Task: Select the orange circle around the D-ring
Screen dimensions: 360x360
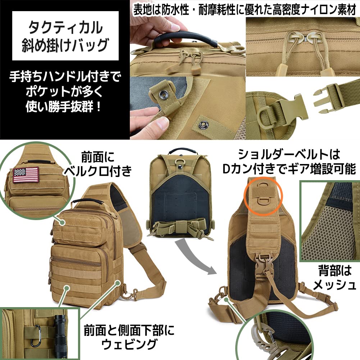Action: pos(263,196)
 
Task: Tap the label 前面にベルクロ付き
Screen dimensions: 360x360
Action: pos(97,164)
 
